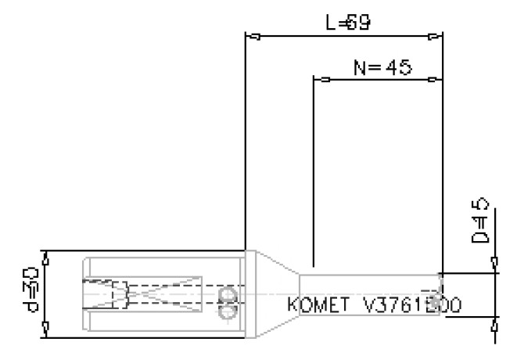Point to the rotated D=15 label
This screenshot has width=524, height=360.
483,221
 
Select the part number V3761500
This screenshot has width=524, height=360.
411,304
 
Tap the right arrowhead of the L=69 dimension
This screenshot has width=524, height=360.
434,36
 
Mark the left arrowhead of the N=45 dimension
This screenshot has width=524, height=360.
321,79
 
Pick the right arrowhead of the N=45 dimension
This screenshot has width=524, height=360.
434,79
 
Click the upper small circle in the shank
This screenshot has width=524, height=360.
228,293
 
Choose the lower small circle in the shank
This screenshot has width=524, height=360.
228,311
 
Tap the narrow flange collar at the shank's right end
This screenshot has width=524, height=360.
249,294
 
